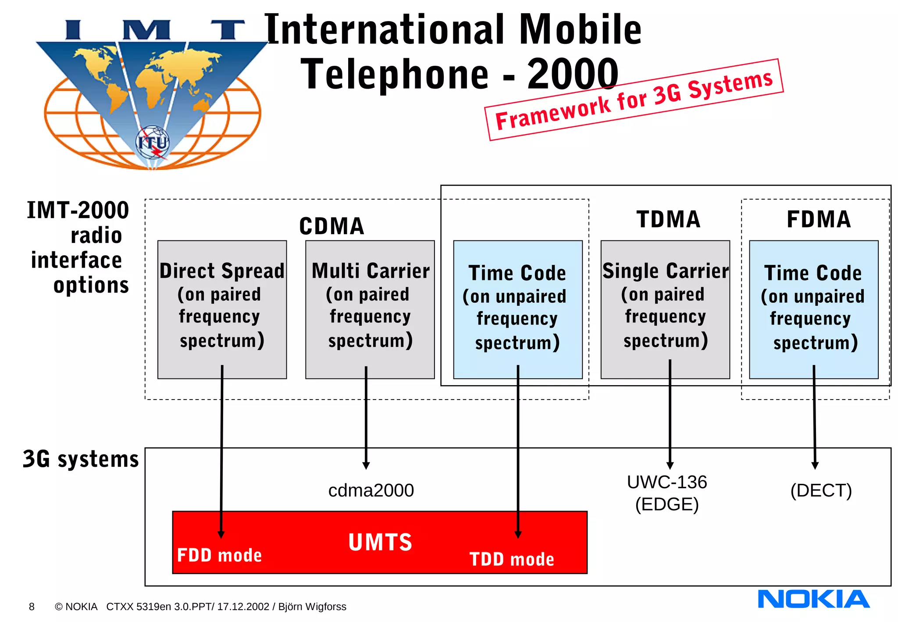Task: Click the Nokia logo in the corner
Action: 813,599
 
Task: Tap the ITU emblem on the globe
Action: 152,143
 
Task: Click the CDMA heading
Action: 331,226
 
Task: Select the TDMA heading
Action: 668,219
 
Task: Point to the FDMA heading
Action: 819,219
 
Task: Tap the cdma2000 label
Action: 371,490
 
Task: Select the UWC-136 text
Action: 666,483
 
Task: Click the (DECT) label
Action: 821,490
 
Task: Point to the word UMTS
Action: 380,542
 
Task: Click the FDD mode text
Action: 219,555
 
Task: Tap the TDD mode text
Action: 512,559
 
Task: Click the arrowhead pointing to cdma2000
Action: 366,465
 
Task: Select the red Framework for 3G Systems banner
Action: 634,100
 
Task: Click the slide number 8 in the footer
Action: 32,607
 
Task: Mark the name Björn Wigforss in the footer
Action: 312,607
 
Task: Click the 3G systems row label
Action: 81,459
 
